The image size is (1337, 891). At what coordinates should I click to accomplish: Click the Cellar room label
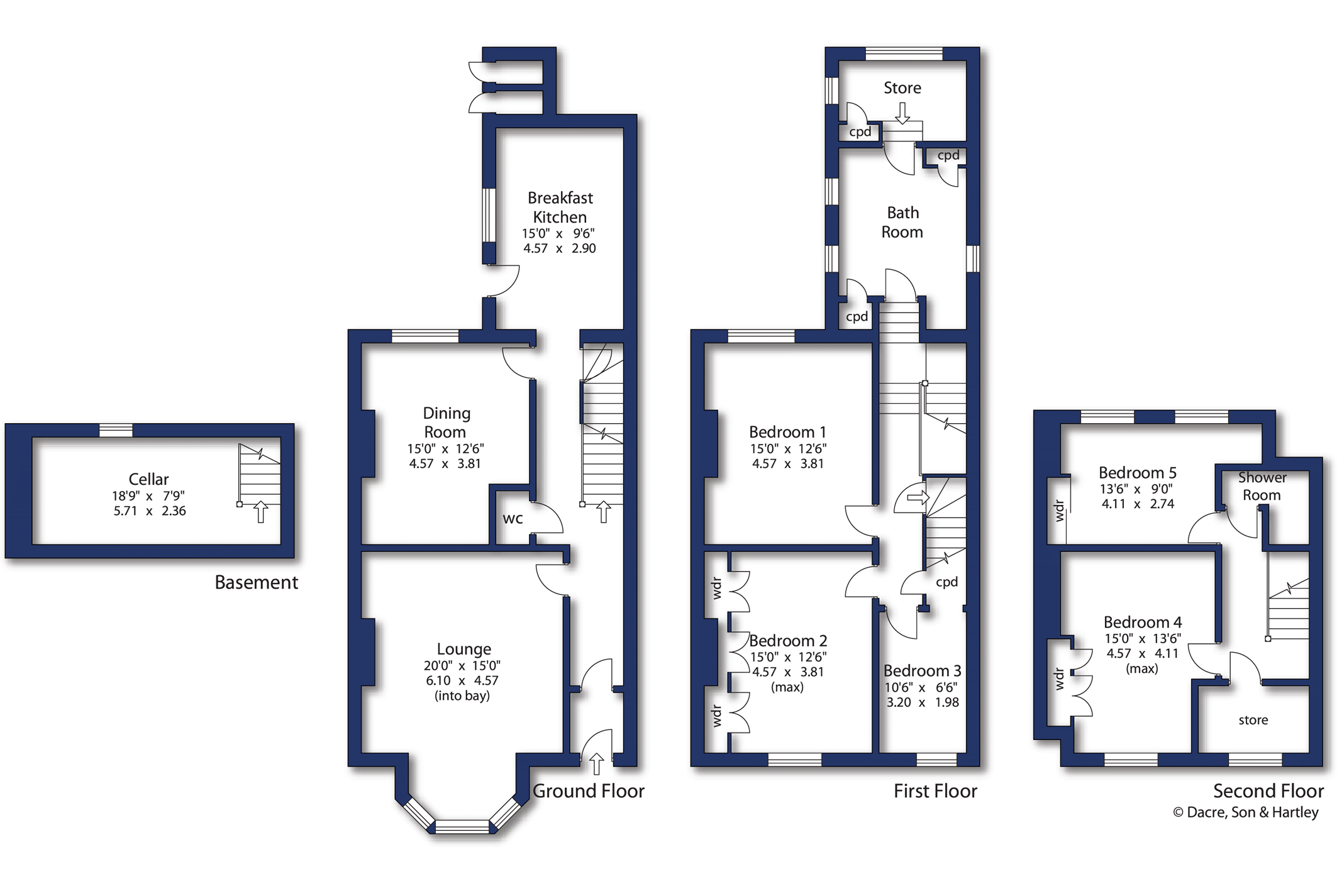(148, 479)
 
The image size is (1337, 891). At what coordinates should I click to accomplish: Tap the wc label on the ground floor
(513, 519)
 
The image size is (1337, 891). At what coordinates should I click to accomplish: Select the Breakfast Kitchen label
(560, 208)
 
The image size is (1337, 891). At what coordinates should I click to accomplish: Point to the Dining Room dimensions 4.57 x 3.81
(445, 464)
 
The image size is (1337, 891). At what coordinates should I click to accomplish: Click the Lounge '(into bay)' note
(462, 695)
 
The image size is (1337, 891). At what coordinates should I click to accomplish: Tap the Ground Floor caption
(589, 790)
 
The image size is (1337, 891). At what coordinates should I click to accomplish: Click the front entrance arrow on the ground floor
(597, 764)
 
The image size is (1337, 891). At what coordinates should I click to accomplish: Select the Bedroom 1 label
(787, 432)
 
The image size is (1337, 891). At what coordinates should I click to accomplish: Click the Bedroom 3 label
(922, 670)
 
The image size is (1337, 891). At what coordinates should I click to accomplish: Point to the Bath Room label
(902, 222)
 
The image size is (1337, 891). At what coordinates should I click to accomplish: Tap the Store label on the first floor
(902, 88)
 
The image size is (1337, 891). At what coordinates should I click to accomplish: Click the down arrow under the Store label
(902, 113)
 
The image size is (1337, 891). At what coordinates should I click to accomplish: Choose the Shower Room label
(1262, 486)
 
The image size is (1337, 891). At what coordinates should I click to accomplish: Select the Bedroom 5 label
(1138, 472)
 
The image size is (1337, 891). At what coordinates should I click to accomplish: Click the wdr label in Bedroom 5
(1059, 511)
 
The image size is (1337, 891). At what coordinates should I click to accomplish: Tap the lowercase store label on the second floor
(1253, 720)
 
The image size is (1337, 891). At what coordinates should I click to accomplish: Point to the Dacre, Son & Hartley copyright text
(1246, 812)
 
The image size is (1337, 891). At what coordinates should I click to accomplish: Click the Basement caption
(257, 582)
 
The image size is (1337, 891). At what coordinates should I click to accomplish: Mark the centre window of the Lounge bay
(462, 826)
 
